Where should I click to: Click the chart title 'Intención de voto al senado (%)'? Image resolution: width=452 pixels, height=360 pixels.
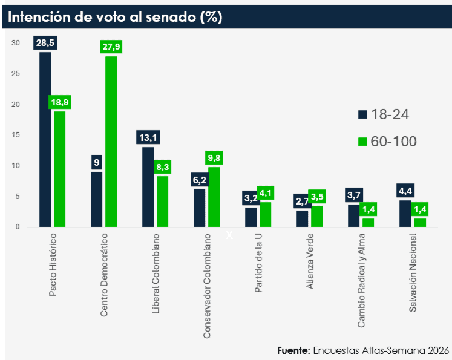pos(115,17)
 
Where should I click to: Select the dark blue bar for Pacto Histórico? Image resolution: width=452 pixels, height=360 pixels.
pos(45,139)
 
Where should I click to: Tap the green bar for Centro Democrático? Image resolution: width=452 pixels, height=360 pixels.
pos(111,142)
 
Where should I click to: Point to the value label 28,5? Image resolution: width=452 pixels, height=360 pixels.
pos(45,43)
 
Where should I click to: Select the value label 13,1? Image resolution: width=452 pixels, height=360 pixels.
pos(148,138)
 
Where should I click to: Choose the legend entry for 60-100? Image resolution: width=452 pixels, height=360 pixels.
pos(387,142)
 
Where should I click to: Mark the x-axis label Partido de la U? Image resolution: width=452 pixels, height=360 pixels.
pos(258,263)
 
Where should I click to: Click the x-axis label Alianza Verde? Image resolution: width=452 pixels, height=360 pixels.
pos(310,261)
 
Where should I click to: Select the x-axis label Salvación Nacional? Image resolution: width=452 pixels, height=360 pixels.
pos(413,272)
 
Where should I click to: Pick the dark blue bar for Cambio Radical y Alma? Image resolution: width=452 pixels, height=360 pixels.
pos(353,215)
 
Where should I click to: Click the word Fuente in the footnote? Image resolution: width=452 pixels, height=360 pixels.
pos(293,350)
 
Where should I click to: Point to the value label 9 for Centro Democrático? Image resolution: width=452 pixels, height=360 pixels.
pos(96,163)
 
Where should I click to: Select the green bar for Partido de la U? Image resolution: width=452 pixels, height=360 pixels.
pos(265,214)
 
